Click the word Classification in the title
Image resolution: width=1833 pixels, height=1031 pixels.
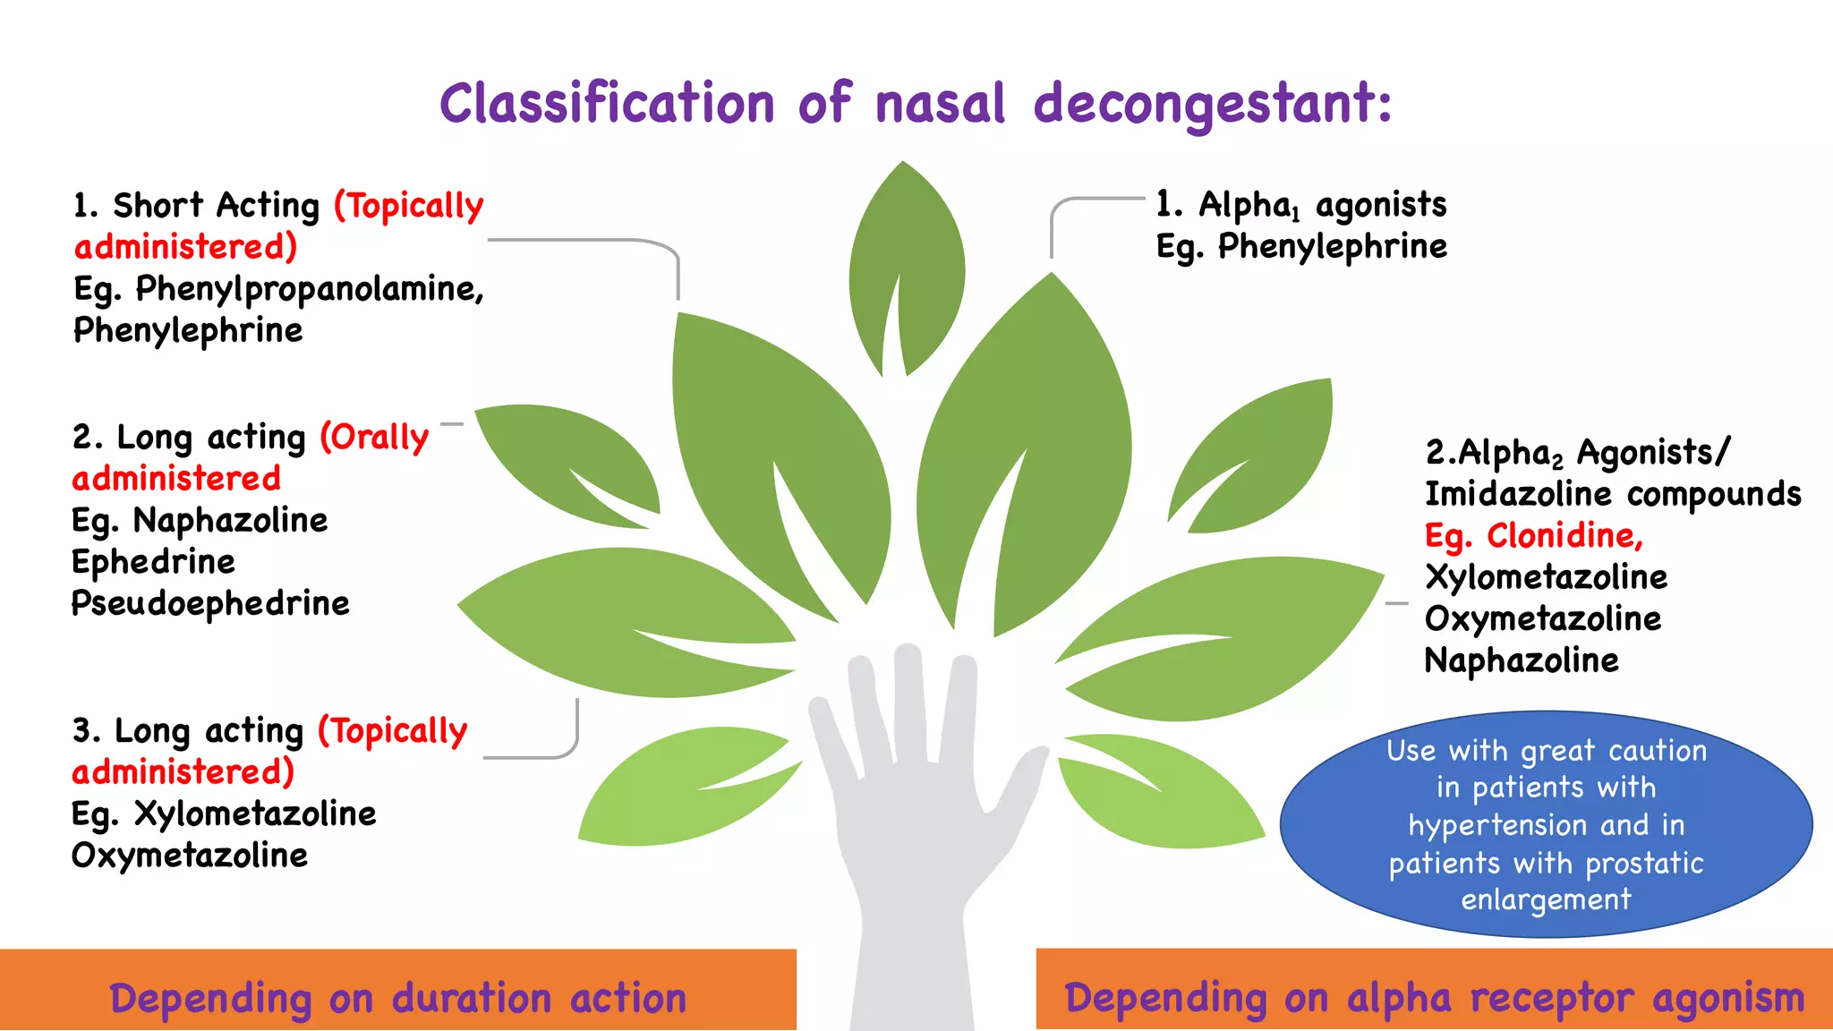(x=607, y=103)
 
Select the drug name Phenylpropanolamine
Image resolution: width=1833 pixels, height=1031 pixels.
(x=309, y=289)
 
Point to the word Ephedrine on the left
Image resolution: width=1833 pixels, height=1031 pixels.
(x=153, y=562)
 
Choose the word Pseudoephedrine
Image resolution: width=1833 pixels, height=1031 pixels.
(x=210, y=604)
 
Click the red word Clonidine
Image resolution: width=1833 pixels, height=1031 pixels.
(x=1564, y=535)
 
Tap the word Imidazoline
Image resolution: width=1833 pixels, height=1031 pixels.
(x=1518, y=494)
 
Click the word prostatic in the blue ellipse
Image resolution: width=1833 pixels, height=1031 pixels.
(x=1644, y=863)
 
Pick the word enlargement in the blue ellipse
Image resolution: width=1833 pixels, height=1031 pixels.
(x=1546, y=899)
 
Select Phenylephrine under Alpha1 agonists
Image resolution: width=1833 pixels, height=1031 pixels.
(x=1332, y=247)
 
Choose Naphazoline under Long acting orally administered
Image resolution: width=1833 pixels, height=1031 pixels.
(x=230, y=521)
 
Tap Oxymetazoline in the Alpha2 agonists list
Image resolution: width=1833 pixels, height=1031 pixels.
(x=1543, y=619)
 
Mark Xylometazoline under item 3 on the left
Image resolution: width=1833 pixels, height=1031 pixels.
(x=255, y=814)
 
